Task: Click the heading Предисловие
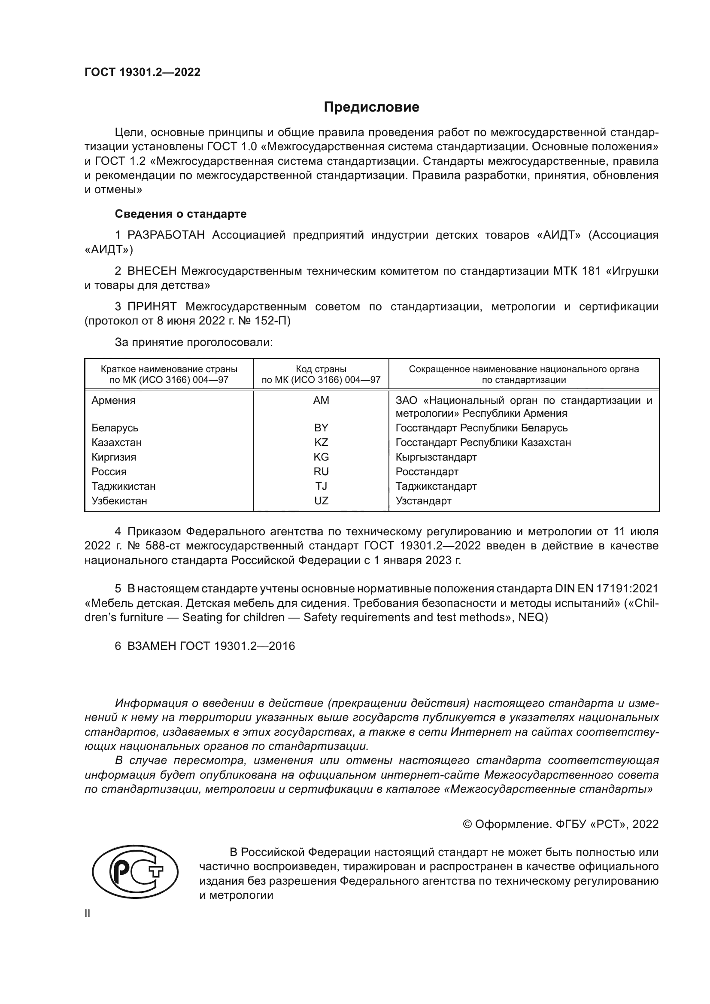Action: [x=371, y=107]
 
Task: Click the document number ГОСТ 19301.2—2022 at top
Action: [x=143, y=73]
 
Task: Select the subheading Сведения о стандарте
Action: [x=181, y=214]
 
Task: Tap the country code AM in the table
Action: [x=321, y=400]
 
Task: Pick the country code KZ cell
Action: [x=321, y=443]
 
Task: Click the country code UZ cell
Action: [x=321, y=501]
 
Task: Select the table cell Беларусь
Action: [x=115, y=428]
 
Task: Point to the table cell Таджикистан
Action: [x=123, y=486]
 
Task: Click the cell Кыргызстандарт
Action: [x=436, y=458]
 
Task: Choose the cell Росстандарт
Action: [x=427, y=472]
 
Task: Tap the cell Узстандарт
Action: [x=423, y=501]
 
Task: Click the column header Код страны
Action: [x=321, y=370]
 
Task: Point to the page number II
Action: [x=88, y=913]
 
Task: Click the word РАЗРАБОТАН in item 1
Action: [x=166, y=235]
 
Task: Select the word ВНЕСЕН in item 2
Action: [x=152, y=271]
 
